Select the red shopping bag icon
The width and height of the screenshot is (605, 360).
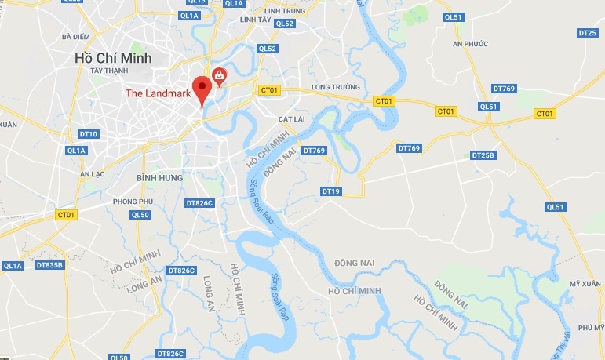tap(219, 75)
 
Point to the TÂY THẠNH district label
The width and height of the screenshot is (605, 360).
tap(108, 71)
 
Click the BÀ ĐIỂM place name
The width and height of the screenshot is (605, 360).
tap(75, 36)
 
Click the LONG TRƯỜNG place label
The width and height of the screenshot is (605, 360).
tap(335, 87)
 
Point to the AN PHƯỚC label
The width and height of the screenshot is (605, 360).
tap(465, 45)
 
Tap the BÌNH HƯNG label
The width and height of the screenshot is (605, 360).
tap(159, 178)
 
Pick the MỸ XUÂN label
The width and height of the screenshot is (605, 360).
tap(585, 284)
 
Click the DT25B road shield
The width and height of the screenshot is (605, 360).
tap(483, 155)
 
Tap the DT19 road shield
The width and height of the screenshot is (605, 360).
tap(331, 191)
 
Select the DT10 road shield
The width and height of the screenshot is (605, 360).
tap(89, 134)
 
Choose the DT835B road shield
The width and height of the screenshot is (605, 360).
tap(49, 265)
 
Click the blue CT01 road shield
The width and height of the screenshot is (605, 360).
tap(67, 214)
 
